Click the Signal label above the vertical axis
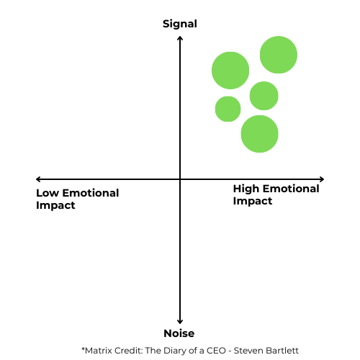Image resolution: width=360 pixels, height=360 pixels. [x=180, y=24]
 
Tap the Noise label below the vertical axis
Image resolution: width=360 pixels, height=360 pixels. [x=179, y=333]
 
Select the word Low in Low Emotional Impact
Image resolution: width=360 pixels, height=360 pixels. [x=48, y=193]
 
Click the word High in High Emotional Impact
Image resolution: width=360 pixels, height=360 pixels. [x=246, y=189]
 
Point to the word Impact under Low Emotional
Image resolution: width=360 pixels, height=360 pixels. [x=55, y=206]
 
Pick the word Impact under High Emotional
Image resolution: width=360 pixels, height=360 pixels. [x=253, y=202]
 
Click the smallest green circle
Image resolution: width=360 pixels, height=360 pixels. [x=228, y=109]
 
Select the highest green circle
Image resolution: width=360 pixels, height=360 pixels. [x=279, y=55]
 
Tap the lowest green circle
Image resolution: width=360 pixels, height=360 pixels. [x=259, y=134]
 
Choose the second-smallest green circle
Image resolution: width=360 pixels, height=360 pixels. [x=264, y=96]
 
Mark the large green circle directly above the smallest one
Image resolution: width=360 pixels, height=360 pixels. [x=230, y=71]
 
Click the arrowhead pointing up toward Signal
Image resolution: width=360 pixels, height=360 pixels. [x=180, y=38]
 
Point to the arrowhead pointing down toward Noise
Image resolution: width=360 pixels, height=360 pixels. [x=180, y=322]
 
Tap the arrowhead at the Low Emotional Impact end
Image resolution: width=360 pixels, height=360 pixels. [x=38, y=179]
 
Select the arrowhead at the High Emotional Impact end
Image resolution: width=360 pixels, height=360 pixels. [x=322, y=179]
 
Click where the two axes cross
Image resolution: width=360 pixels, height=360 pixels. [x=180, y=179]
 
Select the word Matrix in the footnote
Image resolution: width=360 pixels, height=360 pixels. [x=99, y=351]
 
